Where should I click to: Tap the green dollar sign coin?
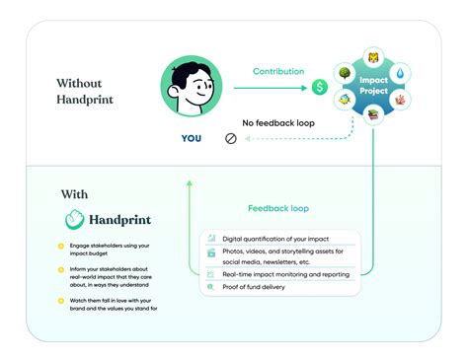[x=320, y=88]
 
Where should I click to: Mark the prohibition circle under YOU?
[x=231, y=139]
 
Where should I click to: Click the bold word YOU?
[x=192, y=139]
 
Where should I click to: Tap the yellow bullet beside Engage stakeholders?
[x=61, y=245]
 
